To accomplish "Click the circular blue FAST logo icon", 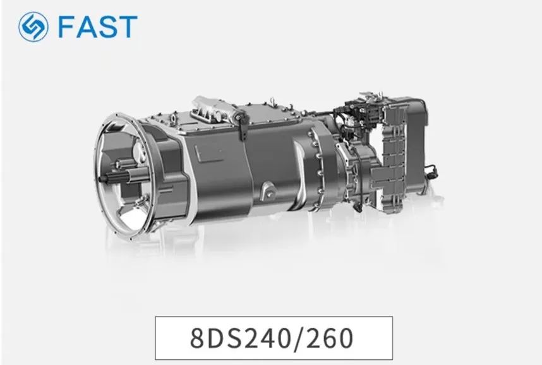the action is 33,27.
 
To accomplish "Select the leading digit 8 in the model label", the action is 197,338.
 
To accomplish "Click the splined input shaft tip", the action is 108,177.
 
